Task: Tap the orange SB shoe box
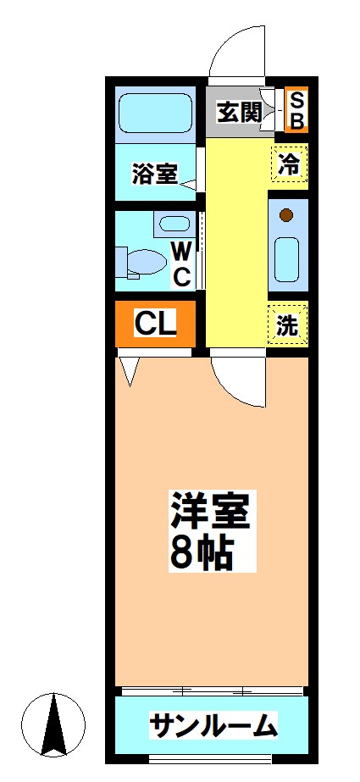click(x=296, y=110)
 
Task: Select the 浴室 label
click(x=154, y=175)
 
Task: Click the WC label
click(x=181, y=263)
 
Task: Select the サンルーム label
click(x=213, y=725)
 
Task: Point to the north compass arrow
click(x=54, y=724)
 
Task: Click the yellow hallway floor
click(x=236, y=246)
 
